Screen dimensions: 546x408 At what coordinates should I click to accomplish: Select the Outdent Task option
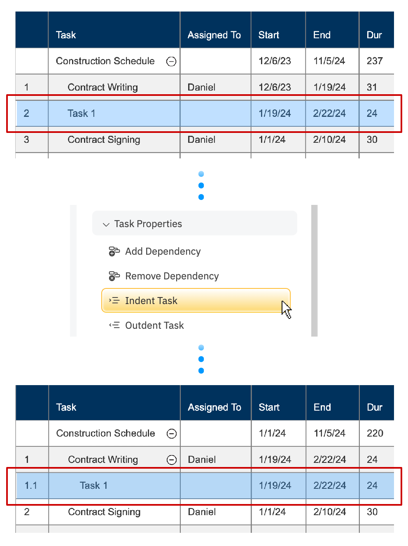point(154,325)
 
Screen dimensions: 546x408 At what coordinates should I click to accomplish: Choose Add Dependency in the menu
point(163,251)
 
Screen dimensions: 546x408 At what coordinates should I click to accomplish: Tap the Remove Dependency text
point(172,276)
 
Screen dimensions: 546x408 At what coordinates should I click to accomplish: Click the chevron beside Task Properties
point(106,224)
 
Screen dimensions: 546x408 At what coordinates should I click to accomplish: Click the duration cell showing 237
point(375,61)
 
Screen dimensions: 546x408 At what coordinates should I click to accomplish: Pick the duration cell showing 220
point(375,433)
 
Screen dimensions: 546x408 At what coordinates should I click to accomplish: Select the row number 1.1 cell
point(31,486)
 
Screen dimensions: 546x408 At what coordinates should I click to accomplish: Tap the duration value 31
point(372,87)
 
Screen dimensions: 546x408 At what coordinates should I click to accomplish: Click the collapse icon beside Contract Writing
point(172,460)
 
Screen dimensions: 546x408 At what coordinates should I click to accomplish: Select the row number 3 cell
point(27,139)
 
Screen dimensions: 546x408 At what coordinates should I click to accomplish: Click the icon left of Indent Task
point(114,301)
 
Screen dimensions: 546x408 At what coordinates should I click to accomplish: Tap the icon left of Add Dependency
point(114,251)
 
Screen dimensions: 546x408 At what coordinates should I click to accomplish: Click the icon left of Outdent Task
point(114,325)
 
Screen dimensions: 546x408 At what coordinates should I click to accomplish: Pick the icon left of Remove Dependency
point(114,276)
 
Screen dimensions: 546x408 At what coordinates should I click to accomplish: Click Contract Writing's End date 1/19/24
point(329,87)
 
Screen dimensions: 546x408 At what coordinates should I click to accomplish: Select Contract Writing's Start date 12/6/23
point(275,87)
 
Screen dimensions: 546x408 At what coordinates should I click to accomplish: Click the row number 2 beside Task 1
point(27,114)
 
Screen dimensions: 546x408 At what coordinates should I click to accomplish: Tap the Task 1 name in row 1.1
point(93,486)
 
